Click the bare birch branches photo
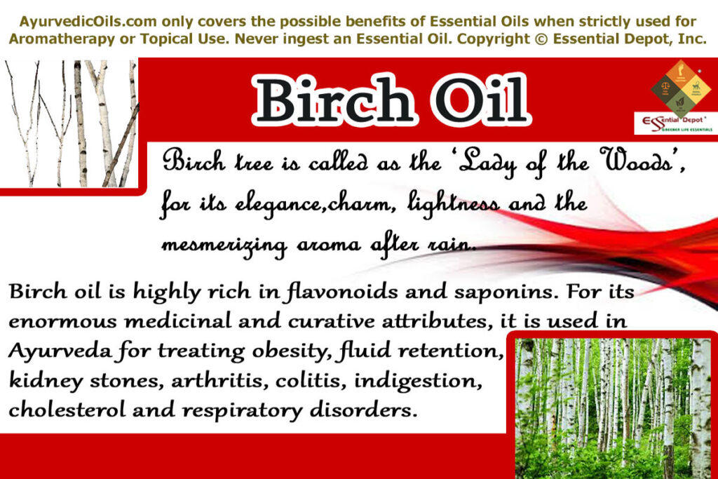tap(70, 124)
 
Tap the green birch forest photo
tap(613, 407)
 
